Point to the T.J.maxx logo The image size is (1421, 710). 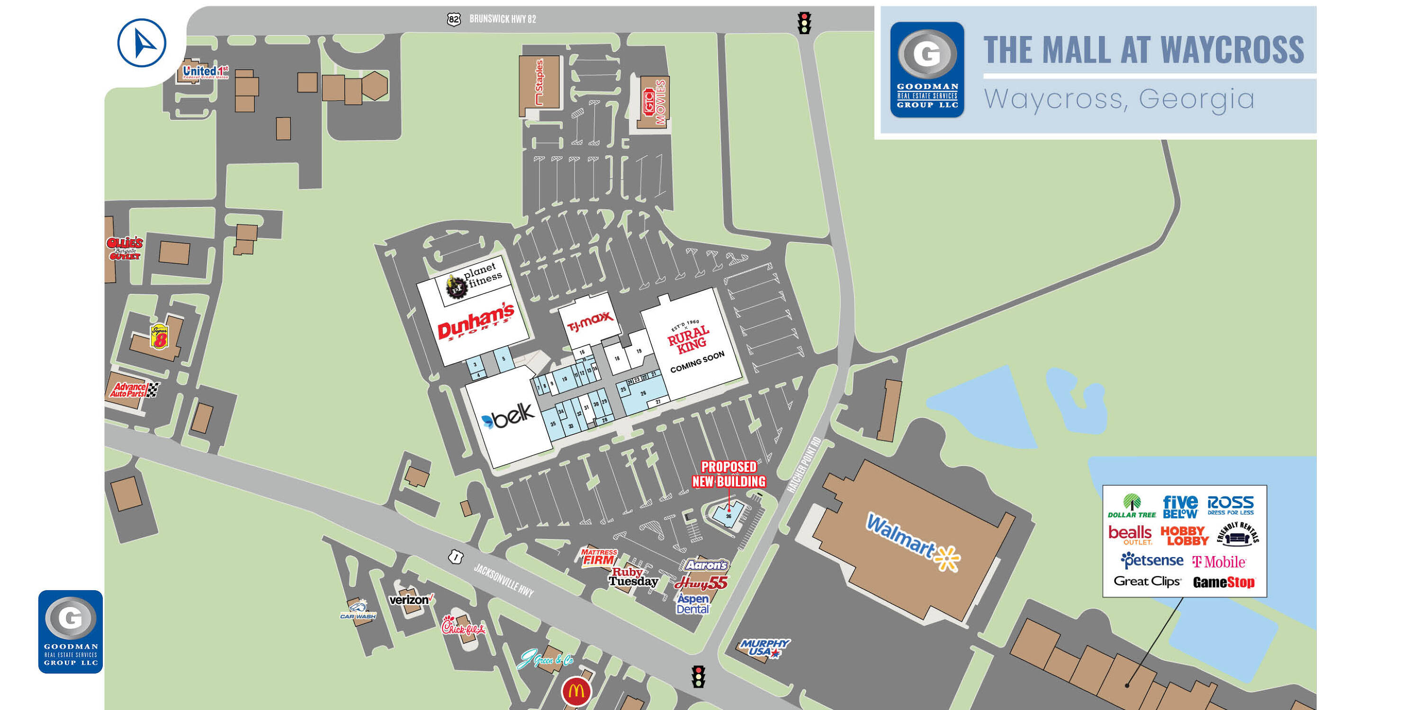590,321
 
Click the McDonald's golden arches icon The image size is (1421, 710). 576,691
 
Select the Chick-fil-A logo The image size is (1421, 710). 463,626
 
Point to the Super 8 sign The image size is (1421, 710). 160,336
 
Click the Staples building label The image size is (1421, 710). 540,82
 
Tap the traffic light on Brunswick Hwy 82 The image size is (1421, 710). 804,23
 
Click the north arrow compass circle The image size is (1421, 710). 142,43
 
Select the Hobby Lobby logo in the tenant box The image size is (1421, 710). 1184,536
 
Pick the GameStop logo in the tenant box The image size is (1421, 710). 1223,582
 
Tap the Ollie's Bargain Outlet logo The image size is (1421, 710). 125,249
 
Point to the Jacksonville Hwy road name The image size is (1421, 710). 504,581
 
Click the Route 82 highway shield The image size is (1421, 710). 453,20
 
